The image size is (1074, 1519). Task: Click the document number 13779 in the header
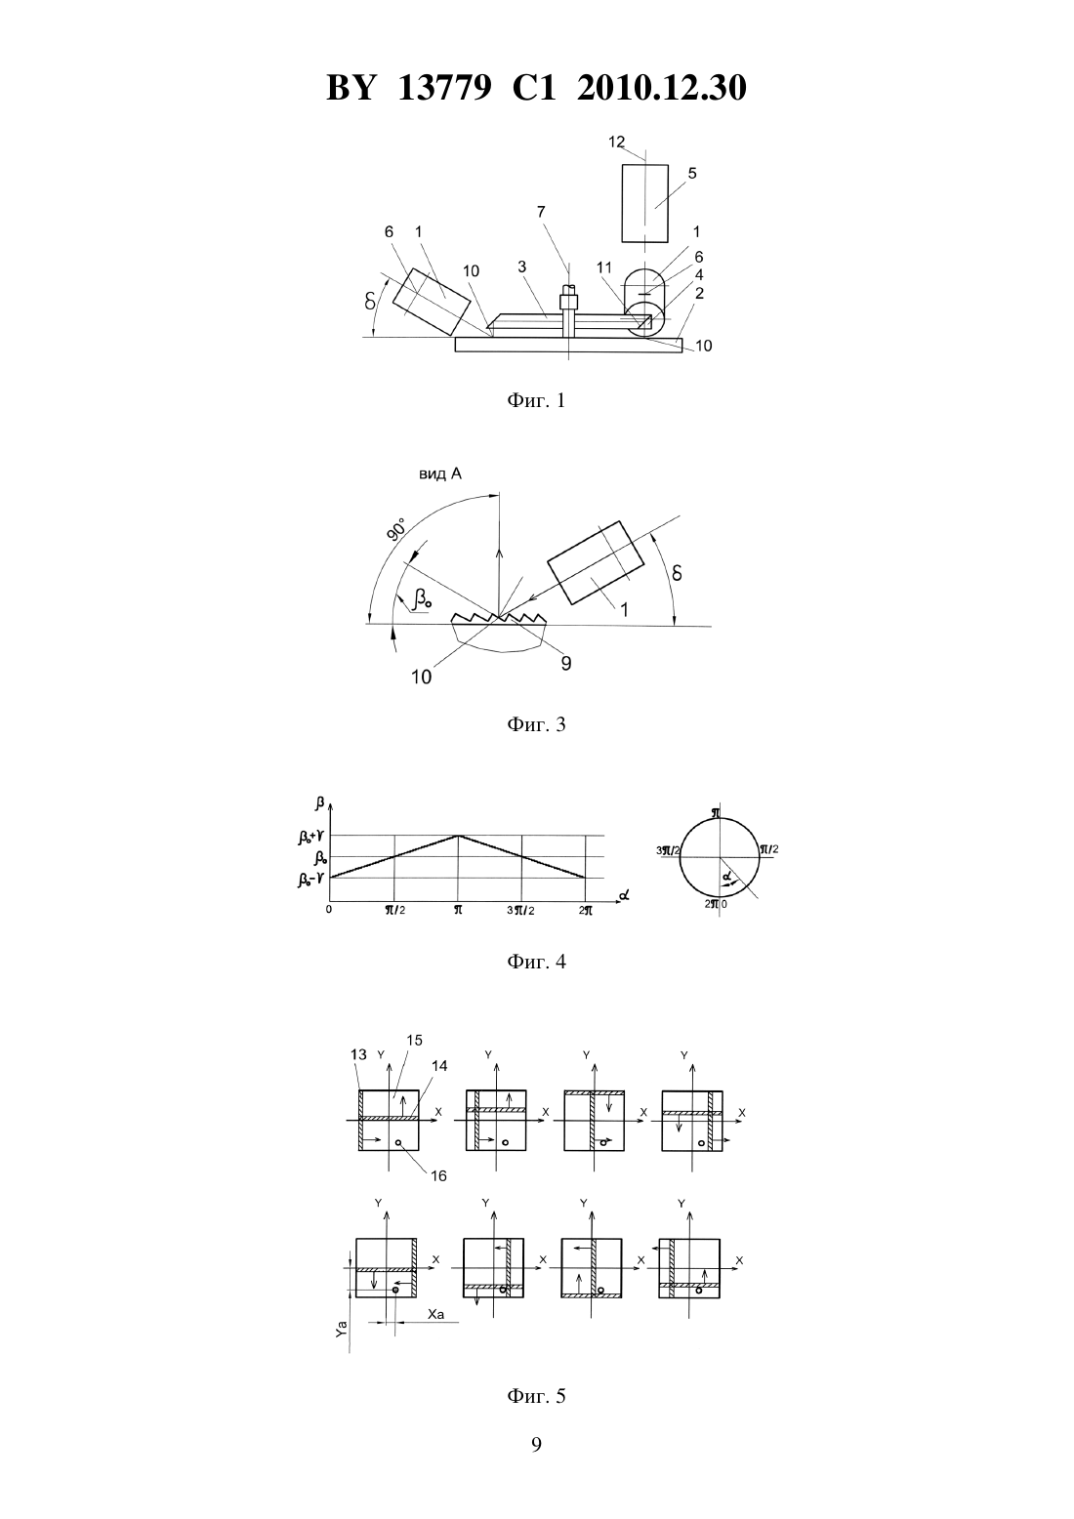[444, 88]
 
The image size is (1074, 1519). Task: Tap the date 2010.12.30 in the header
[661, 88]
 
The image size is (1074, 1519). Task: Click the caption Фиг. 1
[536, 401]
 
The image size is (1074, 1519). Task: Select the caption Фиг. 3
[536, 725]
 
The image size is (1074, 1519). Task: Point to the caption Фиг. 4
[536, 961]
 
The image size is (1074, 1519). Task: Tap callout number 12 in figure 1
[616, 142]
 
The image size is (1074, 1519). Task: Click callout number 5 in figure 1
[692, 173]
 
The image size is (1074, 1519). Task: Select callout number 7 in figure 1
[541, 212]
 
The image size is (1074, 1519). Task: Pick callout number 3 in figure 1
[522, 267]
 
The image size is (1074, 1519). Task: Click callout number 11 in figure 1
[604, 267]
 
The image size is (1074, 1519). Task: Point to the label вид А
[440, 474]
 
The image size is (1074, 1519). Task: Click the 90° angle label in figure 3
[396, 530]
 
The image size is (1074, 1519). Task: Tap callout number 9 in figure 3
[566, 663]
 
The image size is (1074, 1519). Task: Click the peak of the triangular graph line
[458, 836]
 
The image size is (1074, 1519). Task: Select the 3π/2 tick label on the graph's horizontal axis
[520, 911]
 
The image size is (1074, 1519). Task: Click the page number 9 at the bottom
[536, 1445]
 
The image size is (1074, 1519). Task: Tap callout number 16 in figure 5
[438, 1176]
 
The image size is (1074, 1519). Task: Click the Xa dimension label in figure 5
[436, 1315]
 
